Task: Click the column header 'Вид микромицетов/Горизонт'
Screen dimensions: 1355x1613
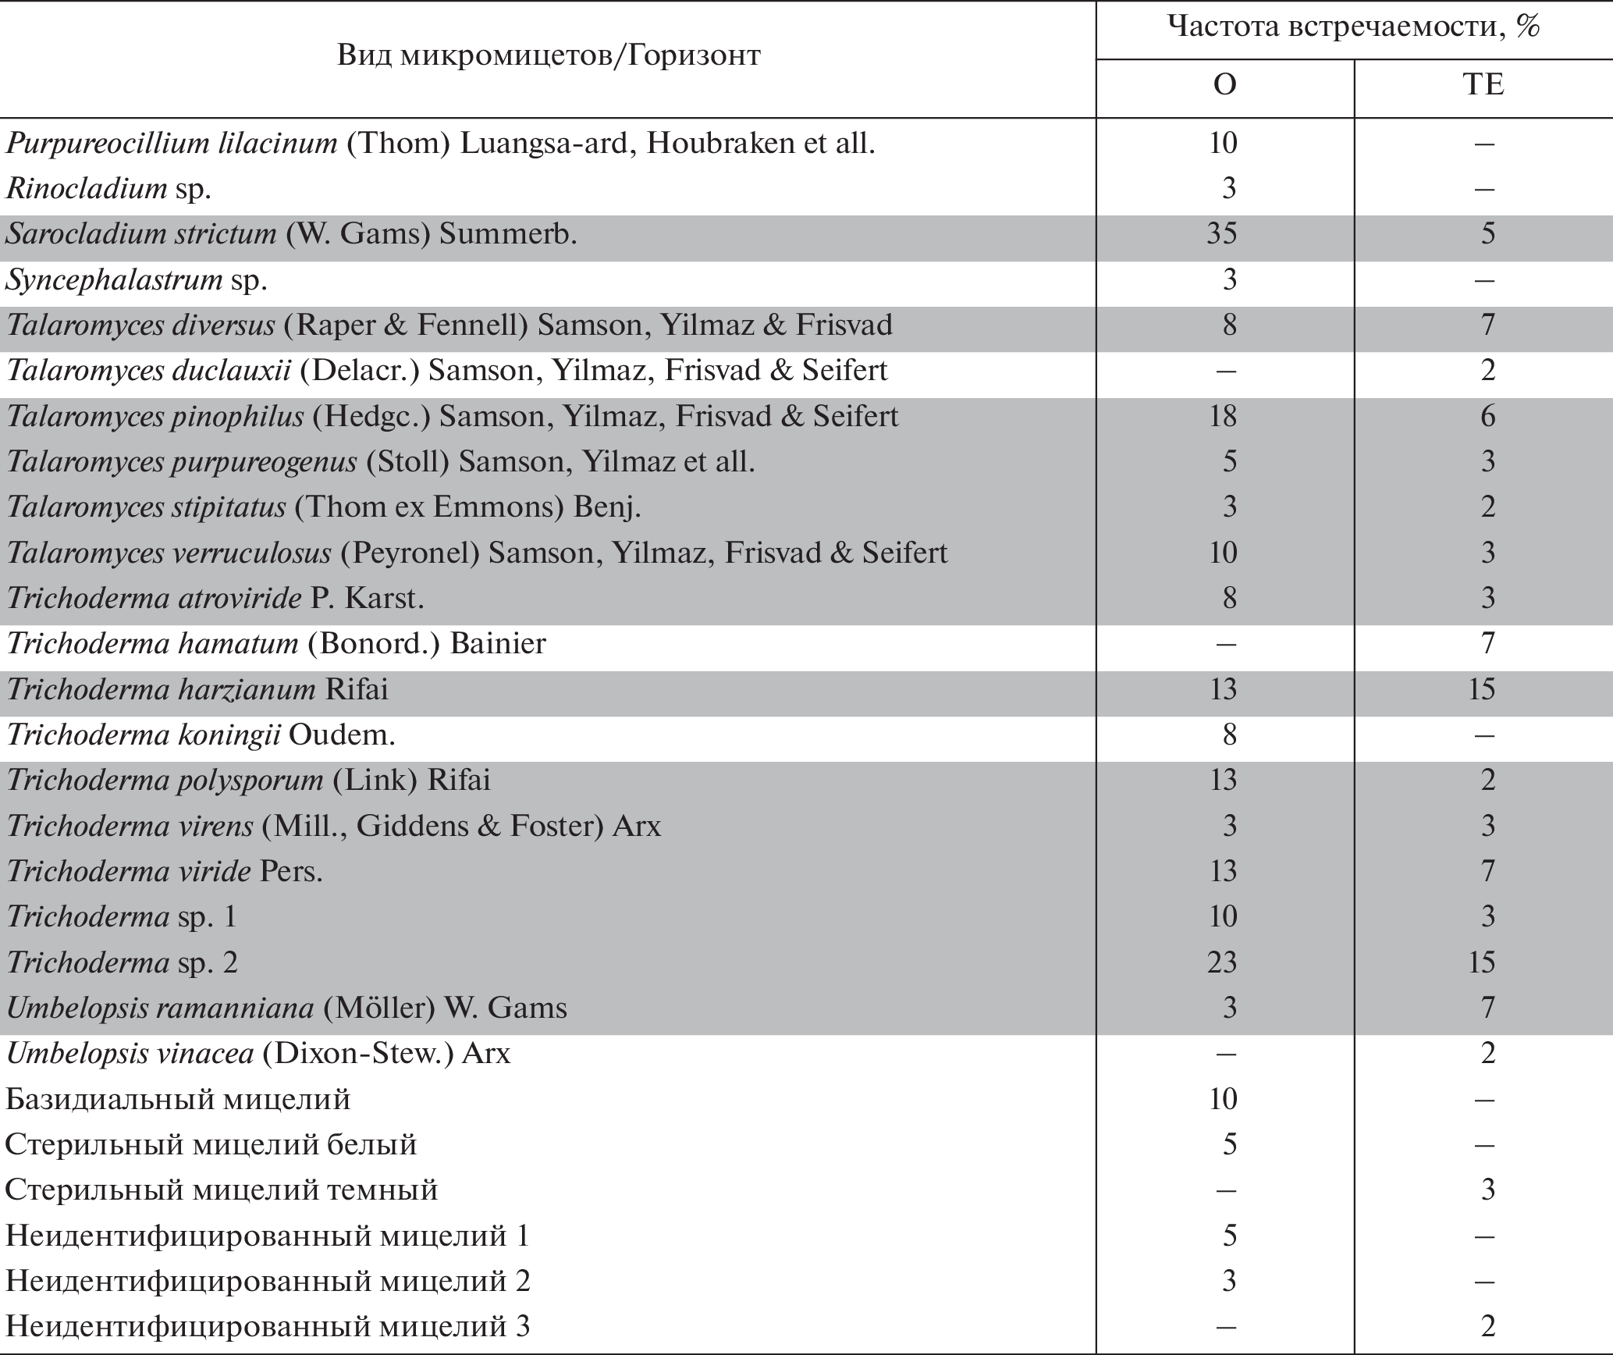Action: [x=549, y=55]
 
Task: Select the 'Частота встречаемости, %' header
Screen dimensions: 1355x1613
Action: [x=1354, y=27]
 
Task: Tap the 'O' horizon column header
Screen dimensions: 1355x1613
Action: [x=1224, y=85]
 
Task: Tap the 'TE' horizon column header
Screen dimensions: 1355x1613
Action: [x=1483, y=85]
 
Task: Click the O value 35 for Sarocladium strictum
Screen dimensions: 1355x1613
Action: [x=1222, y=234]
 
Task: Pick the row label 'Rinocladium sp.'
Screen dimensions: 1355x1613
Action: [x=108, y=189]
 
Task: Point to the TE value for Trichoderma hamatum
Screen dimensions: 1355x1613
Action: [x=1487, y=644]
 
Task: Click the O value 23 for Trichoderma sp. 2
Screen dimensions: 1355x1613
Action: [x=1222, y=962]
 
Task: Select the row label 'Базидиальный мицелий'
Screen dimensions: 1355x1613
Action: [x=178, y=1100]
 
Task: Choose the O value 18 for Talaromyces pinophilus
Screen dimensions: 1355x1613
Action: [x=1222, y=417]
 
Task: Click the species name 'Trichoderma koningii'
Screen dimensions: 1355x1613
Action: [x=144, y=735]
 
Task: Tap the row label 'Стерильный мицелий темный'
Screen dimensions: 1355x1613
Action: [x=222, y=1190]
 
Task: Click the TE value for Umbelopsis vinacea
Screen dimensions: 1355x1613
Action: [x=1487, y=1054]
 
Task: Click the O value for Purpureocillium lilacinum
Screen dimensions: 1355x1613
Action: [x=1222, y=144]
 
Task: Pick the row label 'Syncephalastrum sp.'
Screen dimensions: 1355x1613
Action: [x=137, y=280]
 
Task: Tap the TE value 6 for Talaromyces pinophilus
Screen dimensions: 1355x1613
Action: [x=1487, y=417]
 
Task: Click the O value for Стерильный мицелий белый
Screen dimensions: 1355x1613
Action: [x=1229, y=1145]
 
